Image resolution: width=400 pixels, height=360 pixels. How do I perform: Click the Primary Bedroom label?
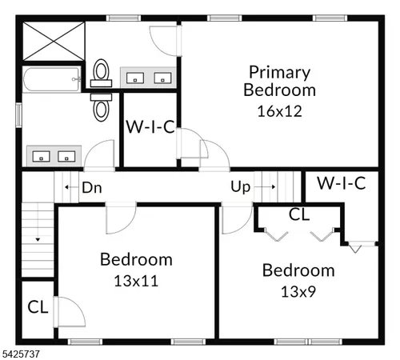point(279,81)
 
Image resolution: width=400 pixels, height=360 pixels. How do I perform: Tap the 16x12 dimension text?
point(279,110)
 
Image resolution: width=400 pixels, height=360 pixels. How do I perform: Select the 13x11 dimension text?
point(135,281)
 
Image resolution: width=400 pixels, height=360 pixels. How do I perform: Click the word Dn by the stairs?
point(91,189)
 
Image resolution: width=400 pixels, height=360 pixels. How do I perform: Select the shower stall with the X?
point(52,41)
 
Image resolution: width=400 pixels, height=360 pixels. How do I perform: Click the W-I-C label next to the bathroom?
point(151,126)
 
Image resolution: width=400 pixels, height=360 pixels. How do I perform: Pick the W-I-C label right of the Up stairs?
point(342,183)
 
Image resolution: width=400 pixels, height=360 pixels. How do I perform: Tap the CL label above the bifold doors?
point(299,214)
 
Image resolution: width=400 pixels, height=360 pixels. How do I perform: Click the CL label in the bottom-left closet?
point(38,306)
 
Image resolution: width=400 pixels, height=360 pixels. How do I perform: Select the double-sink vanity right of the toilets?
point(147,77)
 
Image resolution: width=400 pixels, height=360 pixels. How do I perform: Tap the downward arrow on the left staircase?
point(37,237)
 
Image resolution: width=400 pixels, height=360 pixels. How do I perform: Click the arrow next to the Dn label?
point(67,189)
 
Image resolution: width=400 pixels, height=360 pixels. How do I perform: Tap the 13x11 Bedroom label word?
point(135,259)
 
